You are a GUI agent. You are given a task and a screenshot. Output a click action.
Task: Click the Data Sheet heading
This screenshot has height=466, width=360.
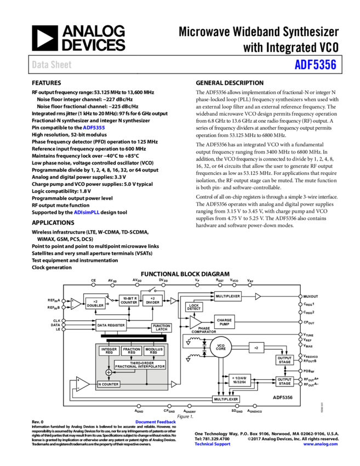point(52,65)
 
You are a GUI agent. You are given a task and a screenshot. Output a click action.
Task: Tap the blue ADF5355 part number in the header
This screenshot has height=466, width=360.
point(315,65)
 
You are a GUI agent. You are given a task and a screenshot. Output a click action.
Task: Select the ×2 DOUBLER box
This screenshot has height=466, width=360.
point(95,303)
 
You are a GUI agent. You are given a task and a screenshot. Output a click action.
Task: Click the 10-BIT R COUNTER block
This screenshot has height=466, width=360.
point(129,300)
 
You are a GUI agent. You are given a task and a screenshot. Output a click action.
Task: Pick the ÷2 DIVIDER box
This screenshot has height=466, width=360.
point(152,300)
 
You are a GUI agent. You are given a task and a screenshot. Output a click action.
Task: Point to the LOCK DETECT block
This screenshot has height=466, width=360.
point(194,307)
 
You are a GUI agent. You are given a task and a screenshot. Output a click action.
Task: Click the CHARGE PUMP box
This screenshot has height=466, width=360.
point(224,322)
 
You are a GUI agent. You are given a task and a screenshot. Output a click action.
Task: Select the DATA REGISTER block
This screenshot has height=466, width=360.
point(111,325)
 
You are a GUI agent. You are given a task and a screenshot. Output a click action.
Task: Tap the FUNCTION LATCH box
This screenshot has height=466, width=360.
point(161,328)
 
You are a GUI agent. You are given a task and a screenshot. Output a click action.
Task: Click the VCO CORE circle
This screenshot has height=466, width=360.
point(221,346)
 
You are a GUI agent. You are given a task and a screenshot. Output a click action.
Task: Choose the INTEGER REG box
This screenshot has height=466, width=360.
point(110,351)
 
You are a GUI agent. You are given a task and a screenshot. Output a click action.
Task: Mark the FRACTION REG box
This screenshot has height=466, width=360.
point(132,351)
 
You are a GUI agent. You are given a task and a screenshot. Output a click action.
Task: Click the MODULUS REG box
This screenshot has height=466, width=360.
point(154,351)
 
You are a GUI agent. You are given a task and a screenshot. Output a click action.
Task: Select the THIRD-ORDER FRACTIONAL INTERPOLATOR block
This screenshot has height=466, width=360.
point(140,365)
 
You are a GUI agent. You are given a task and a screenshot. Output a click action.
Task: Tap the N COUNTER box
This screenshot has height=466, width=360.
point(108,384)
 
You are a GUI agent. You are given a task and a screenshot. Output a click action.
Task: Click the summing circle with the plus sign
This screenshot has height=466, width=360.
point(108,373)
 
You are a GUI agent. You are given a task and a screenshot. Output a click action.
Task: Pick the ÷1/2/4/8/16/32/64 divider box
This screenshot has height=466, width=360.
point(239,380)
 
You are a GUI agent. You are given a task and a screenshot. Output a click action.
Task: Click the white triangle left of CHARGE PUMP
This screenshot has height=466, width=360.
point(195,322)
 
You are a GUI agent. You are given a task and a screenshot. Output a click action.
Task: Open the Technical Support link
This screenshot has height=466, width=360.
point(213,444)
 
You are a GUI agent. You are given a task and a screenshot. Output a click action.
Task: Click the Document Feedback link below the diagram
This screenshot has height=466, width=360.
point(156,422)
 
